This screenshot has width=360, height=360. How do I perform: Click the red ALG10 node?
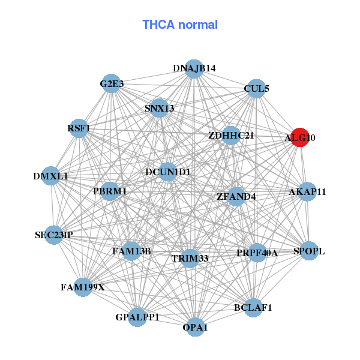299,137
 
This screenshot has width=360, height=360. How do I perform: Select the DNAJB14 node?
193,68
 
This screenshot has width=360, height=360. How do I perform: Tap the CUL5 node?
256,89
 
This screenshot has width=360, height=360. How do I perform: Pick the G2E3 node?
111,84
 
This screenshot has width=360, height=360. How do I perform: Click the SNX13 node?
159,108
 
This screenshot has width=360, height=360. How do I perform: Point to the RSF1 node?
79,128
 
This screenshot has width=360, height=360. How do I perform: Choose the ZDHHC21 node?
231,136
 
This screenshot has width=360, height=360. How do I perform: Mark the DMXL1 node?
51,176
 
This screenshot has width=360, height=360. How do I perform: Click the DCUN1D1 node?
168,172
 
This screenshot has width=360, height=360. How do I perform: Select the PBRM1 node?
110,191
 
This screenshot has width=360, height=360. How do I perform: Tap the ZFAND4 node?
236,196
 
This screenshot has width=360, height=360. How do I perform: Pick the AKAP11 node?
307,192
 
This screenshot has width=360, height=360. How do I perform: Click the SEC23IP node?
53,235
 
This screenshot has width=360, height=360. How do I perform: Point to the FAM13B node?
131,250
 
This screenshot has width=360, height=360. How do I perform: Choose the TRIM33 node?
190,259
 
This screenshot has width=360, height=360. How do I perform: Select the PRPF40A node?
257,253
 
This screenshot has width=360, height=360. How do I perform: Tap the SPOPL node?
308,251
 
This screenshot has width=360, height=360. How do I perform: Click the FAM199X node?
83,287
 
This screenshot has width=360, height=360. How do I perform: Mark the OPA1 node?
195,327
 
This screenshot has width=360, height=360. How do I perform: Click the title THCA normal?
180,25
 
